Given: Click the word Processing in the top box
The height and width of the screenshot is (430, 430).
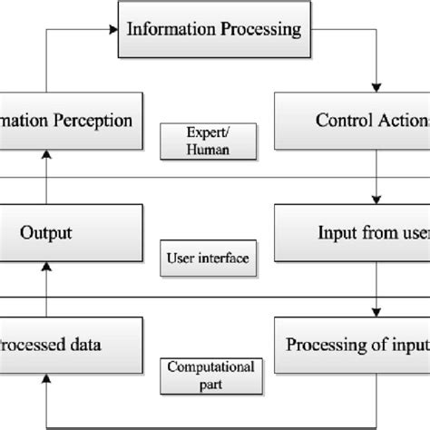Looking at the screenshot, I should pyautogui.click(x=259, y=29).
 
